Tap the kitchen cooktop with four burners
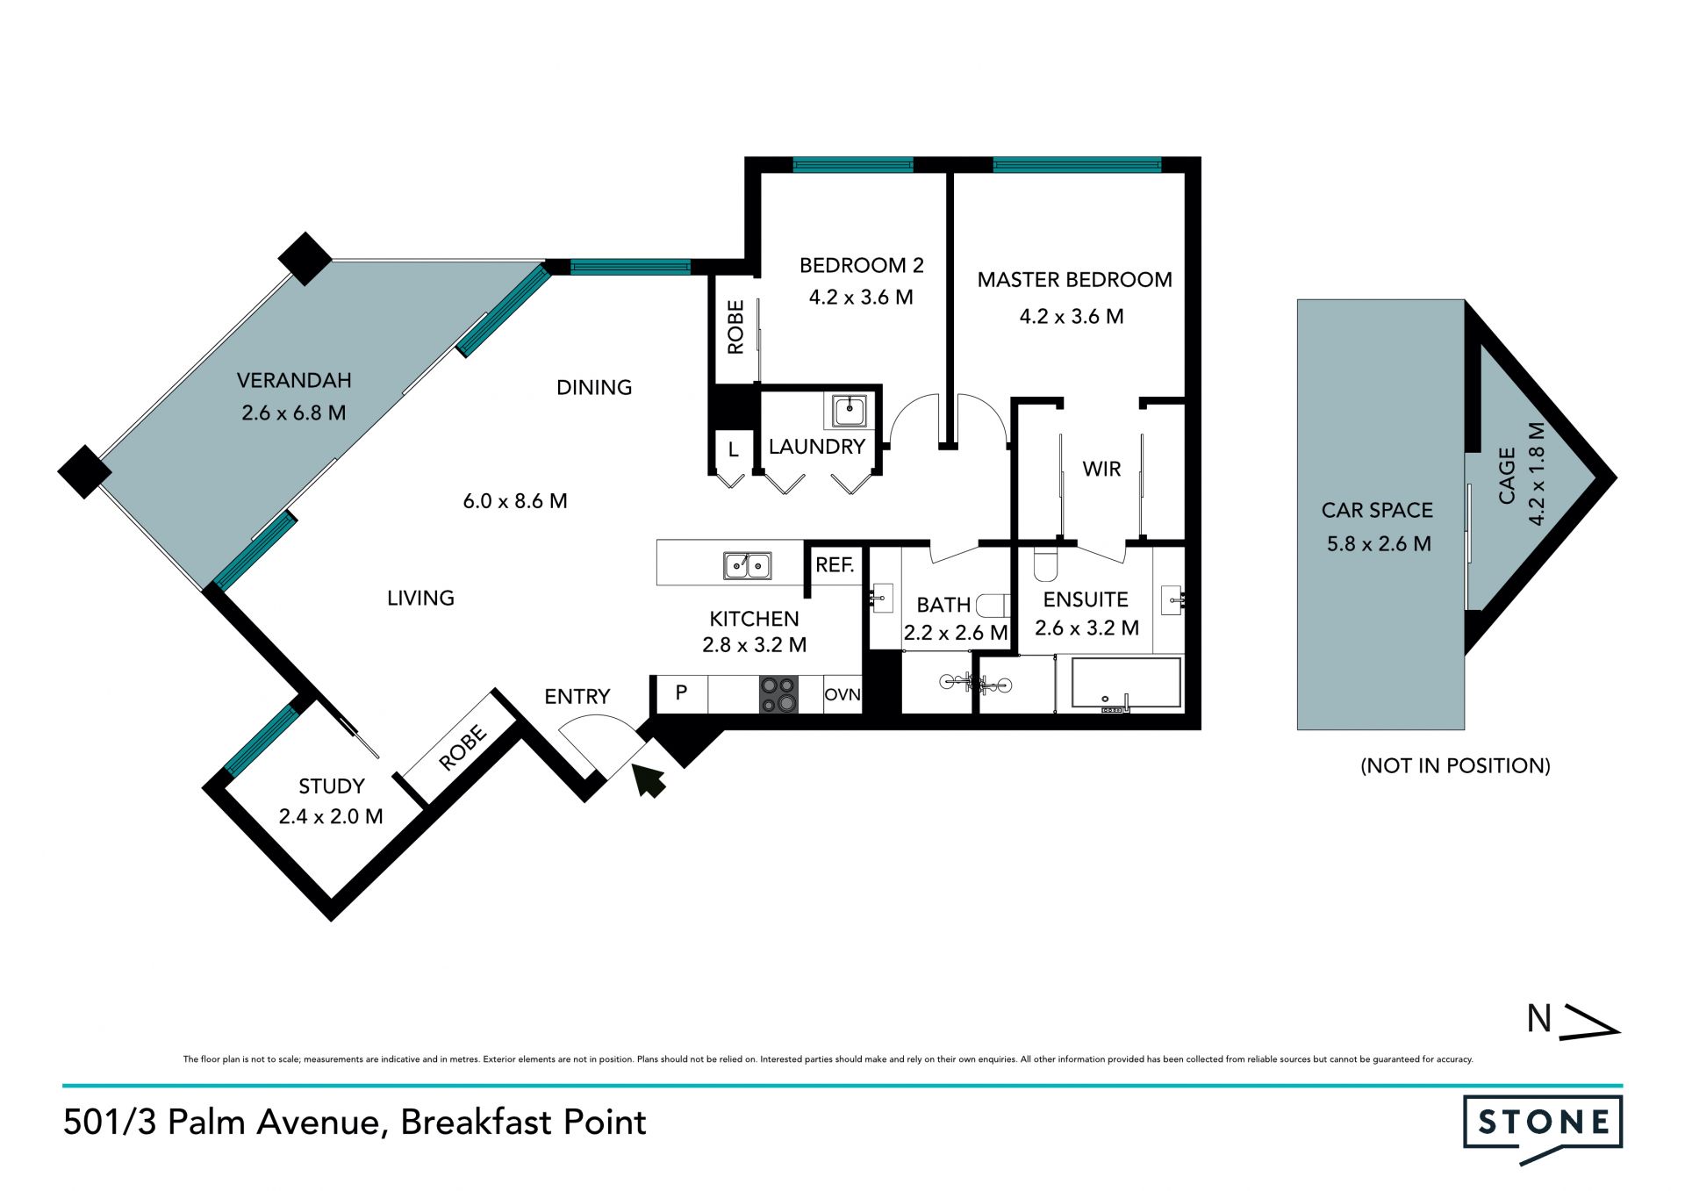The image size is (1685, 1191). [x=778, y=694]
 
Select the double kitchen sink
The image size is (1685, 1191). [x=747, y=566]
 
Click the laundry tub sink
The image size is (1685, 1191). [x=850, y=411]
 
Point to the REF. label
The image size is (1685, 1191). [x=835, y=565]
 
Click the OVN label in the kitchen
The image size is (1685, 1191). [x=842, y=694]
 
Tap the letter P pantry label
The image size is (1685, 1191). [x=681, y=692]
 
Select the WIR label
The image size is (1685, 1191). [x=1101, y=469]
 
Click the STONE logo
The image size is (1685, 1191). [x=1543, y=1129]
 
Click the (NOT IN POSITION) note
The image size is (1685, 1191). [x=1455, y=765]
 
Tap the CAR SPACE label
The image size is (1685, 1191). [x=1377, y=510]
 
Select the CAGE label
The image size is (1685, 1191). [x=1507, y=476]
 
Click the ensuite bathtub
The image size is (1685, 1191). [x=1126, y=685]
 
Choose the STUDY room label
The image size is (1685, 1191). [x=331, y=786]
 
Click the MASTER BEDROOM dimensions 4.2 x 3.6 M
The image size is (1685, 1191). [x=1072, y=316]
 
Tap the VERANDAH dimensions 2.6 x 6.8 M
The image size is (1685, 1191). [x=294, y=413]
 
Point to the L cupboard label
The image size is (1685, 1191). [x=733, y=451]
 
